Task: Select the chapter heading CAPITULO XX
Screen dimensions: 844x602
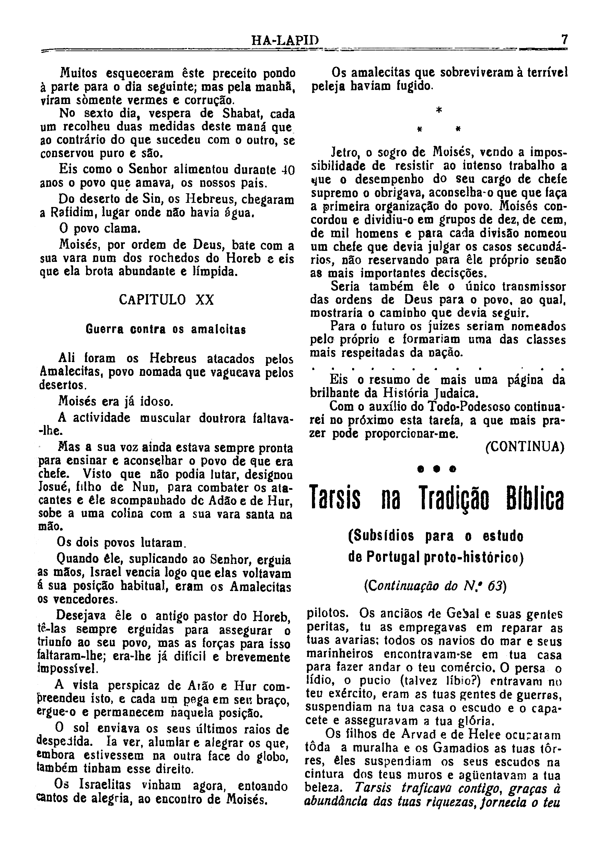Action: click(166, 300)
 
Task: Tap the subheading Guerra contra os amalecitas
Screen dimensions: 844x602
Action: click(166, 329)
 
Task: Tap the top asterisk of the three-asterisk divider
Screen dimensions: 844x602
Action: click(439, 111)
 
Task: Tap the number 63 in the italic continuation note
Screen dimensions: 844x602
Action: click(495, 586)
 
